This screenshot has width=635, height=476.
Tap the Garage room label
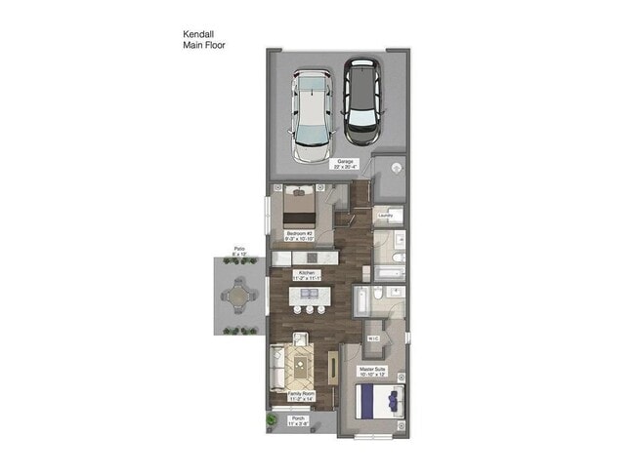point(345,163)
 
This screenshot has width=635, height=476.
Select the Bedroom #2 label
point(300,234)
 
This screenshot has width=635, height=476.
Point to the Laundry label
point(386,216)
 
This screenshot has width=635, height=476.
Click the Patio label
point(239,251)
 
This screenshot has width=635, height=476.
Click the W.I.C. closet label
point(373,338)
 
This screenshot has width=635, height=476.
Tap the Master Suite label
point(375,371)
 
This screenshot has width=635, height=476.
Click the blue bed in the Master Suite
point(375,400)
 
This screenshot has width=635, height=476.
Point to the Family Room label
point(301,395)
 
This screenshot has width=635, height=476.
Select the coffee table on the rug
point(299,368)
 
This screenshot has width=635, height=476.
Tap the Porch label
point(297,420)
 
